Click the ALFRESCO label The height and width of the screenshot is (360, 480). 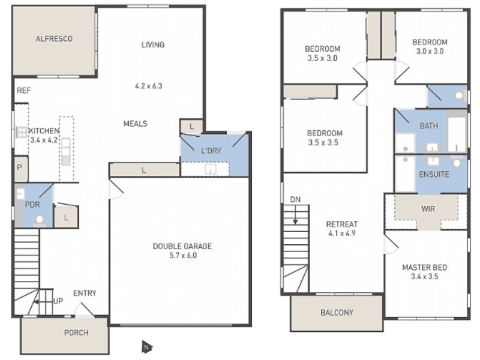click(54, 39)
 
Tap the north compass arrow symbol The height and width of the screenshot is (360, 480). click(146, 347)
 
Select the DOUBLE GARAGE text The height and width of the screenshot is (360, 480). click(182, 246)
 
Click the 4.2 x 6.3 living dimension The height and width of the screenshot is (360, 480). click(149, 86)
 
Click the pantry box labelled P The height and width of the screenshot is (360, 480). click(21, 169)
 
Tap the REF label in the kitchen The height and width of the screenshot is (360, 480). click(24, 91)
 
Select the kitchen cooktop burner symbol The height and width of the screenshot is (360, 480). click(22, 132)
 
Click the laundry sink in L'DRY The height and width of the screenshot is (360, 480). click(211, 169)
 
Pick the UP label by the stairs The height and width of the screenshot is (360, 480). click(58, 301)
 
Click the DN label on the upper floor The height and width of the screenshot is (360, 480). click(295, 200)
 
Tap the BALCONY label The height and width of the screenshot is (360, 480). click(337, 313)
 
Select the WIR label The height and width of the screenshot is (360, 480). click(428, 209)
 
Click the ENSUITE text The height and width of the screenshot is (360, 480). click(434, 174)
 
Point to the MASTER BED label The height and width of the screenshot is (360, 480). click(425, 268)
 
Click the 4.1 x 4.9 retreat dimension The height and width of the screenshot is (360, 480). click(342, 233)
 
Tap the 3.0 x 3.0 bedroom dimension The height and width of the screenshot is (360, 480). click(430, 51)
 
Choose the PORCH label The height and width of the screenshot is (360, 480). click(76, 332)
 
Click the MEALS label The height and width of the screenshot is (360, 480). click(136, 124)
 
